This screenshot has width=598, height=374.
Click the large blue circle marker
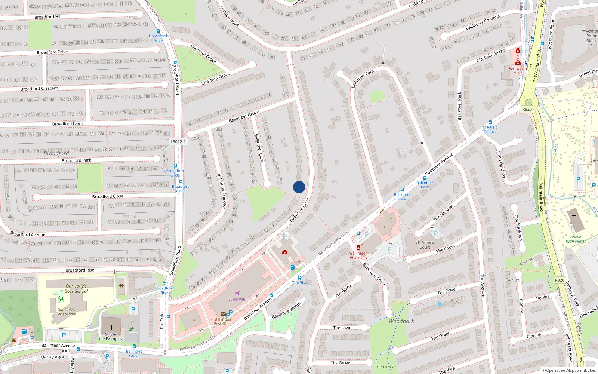pos(299,187)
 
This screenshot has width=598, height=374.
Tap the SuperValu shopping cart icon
pos(237,293)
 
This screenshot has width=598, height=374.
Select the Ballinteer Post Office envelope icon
pos(223,314)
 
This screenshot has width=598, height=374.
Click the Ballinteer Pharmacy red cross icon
pos(358,248)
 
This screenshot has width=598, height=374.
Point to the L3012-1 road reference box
pos(178,142)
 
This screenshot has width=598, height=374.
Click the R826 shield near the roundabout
pos(527,109)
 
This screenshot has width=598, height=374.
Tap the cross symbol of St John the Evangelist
pos(111,328)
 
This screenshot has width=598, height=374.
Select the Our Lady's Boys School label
pos(76,289)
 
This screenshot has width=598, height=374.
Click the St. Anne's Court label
pos(425,245)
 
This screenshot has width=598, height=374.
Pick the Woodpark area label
pos(401,321)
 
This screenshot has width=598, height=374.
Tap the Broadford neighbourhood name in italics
pos(56,153)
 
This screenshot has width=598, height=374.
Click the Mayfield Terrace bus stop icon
pos(490,122)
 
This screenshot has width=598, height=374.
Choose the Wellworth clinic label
pos(518,70)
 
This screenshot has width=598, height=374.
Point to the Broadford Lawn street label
pos(68,124)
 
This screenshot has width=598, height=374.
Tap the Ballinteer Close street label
pos(259,148)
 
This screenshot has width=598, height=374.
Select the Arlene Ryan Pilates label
pos(576,239)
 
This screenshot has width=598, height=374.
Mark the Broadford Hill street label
pos(48,17)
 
